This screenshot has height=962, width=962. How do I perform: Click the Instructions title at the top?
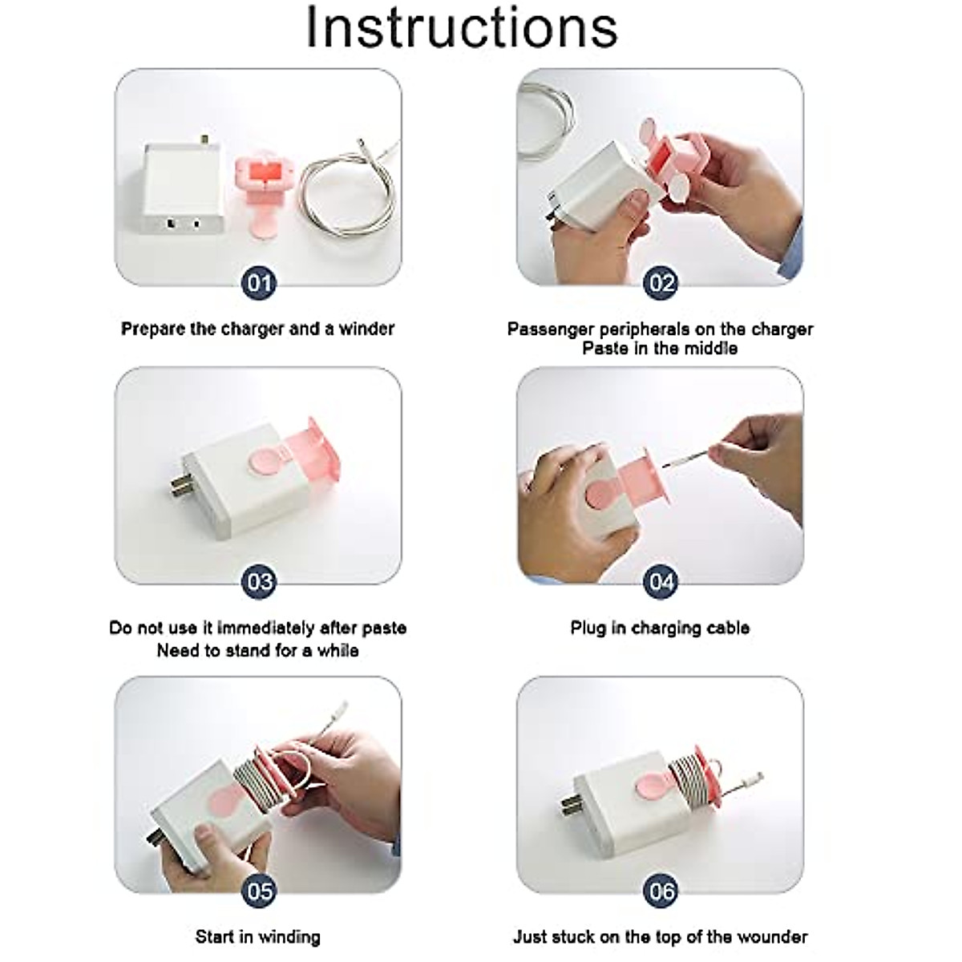click(x=462, y=28)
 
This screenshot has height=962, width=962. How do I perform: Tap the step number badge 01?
click(x=259, y=283)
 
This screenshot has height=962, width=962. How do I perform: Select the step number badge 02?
click(x=661, y=283)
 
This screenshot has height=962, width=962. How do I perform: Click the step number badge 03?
click(x=259, y=582)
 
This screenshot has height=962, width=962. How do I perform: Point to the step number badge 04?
click(x=661, y=582)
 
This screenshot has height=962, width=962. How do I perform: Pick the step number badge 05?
click(x=259, y=891)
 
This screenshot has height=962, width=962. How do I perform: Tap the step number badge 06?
click(x=661, y=891)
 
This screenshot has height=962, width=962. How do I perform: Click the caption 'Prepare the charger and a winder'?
click(x=257, y=329)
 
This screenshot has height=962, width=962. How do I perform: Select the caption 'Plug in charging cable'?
click(x=660, y=628)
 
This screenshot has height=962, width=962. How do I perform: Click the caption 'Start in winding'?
click(x=257, y=936)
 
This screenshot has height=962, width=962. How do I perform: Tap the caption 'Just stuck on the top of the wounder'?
click(x=660, y=936)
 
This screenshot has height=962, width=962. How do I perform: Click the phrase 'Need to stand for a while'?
click(x=257, y=650)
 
